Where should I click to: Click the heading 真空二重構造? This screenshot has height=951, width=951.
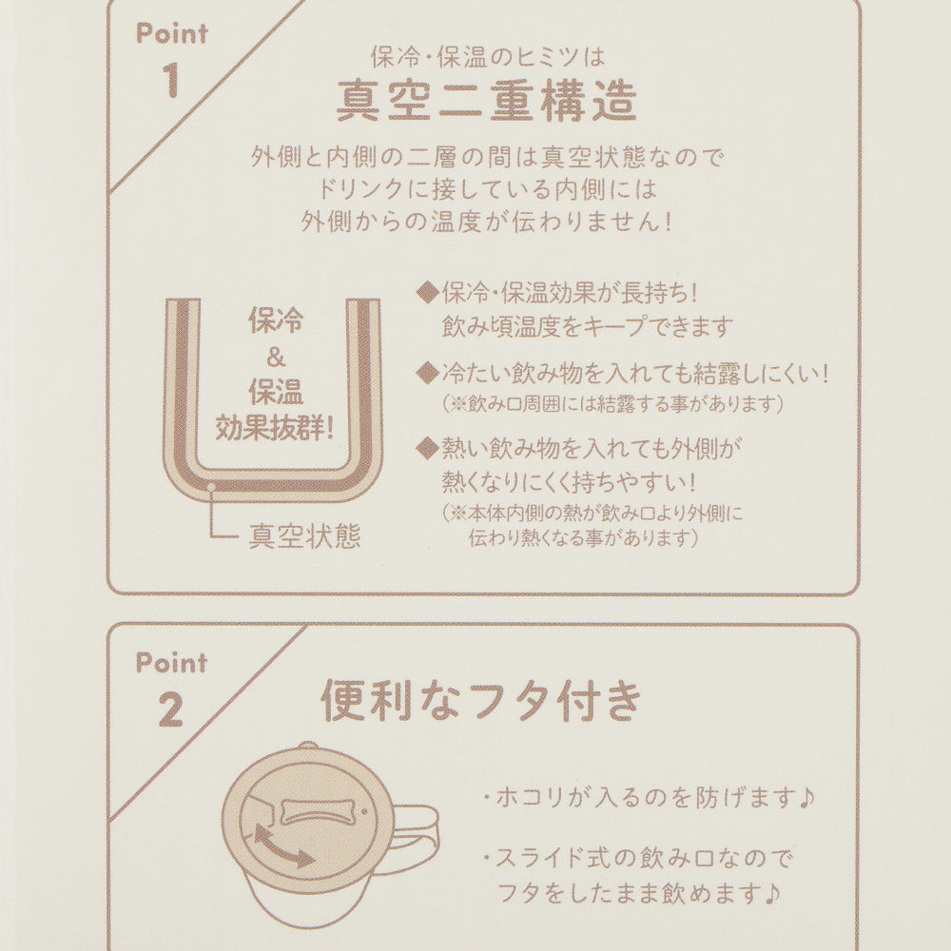click(486, 102)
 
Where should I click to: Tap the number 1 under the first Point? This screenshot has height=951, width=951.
click(171, 80)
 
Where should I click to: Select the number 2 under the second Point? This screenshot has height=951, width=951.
click(171, 709)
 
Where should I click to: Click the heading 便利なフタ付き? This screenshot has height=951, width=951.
click(481, 700)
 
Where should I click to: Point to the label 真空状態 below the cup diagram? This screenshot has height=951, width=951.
click(304, 536)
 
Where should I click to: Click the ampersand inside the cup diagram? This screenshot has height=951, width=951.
click(276, 358)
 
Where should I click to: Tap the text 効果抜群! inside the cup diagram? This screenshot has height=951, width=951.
click(275, 428)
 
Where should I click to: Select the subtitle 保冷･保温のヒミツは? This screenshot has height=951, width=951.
click(488, 57)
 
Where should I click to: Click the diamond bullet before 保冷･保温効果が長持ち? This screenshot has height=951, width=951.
click(428, 293)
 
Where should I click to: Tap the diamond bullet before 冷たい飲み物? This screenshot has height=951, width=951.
click(428, 373)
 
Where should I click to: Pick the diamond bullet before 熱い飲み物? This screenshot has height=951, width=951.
click(428, 449)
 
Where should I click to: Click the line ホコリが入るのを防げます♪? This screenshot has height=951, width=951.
click(649, 797)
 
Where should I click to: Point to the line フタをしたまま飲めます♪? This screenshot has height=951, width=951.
click(638, 893)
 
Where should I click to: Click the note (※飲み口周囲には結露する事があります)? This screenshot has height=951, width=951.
click(612, 403)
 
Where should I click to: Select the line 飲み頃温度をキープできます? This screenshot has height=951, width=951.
click(587, 327)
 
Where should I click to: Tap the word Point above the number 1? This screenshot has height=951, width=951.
click(171, 34)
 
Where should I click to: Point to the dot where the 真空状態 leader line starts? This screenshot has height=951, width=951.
click(211, 486)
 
